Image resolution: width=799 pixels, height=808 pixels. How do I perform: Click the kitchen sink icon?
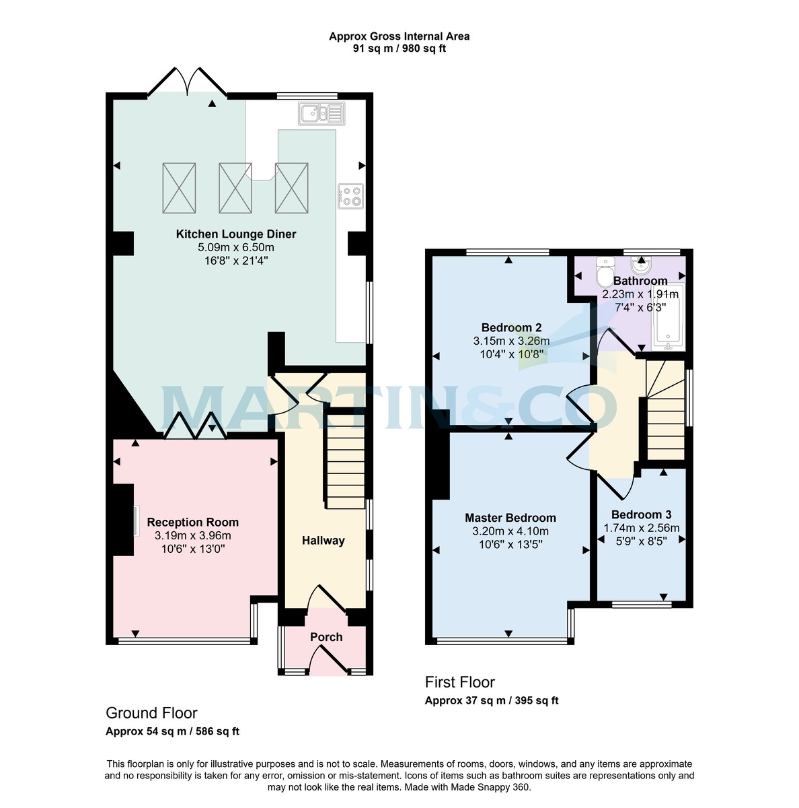coord(321,114)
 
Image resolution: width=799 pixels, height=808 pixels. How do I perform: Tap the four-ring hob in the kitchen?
coord(350,196)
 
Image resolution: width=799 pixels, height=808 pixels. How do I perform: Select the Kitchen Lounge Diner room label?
coord(236,234)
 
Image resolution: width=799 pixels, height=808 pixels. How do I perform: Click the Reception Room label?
coord(192,522)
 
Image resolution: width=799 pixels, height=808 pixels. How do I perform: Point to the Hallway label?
coord(323,540)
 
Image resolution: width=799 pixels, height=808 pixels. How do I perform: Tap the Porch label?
coord(326,637)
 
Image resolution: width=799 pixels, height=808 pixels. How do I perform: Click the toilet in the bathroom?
coord(605,274)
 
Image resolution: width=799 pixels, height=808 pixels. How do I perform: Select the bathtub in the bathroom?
coord(667,318)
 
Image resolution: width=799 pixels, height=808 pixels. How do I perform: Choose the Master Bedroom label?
coord(510,518)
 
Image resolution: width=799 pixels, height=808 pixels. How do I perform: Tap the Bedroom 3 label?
coord(641,515)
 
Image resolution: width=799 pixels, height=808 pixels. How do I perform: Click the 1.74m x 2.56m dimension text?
coord(641,528)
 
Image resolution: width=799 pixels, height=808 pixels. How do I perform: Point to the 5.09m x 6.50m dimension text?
coord(236,247)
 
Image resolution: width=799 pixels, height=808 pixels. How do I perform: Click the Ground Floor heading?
coord(151,713)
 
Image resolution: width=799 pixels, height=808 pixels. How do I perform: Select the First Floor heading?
coord(460,682)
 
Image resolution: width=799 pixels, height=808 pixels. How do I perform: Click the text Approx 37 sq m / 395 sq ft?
coord(492,700)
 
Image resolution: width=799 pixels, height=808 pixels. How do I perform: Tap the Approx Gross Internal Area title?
coord(399,36)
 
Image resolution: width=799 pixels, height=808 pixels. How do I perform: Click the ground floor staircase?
coord(345,458)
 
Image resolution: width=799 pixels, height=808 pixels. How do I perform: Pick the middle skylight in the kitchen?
coord(235,187)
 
